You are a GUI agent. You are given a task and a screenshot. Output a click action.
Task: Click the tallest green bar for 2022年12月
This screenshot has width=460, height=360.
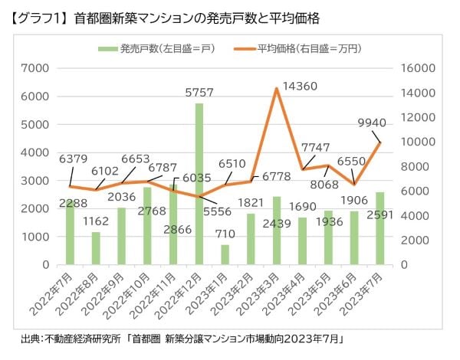[x=199, y=184]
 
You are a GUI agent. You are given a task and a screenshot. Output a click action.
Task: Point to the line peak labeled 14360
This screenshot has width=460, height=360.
[x=276, y=89]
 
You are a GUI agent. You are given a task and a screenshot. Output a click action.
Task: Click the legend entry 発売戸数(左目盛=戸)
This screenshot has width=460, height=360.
[x=157, y=50]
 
